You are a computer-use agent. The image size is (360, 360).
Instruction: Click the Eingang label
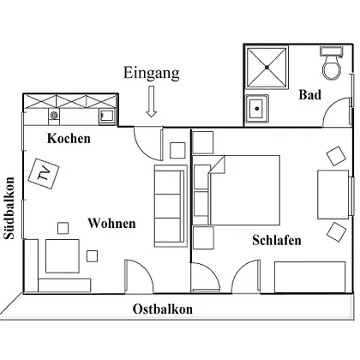[x=152, y=74]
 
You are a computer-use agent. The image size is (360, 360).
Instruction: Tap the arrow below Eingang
[x=152, y=101]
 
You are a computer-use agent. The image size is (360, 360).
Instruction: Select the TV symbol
[x=44, y=173]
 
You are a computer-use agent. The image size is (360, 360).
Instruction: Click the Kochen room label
[x=69, y=139]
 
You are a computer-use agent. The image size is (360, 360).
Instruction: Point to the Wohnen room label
[x=111, y=223]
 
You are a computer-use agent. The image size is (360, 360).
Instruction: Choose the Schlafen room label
[x=277, y=240]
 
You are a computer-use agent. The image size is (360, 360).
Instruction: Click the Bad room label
[x=310, y=94]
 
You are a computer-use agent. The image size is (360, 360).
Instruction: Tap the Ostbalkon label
[x=163, y=309]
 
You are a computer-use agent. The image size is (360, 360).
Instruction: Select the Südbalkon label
[x=9, y=208]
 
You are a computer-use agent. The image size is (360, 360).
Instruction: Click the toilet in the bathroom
[x=332, y=63]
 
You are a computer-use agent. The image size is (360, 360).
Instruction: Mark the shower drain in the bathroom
[x=267, y=68]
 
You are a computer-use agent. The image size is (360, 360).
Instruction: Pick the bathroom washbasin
[x=257, y=109]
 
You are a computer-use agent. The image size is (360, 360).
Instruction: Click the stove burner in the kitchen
[x=54, y=115]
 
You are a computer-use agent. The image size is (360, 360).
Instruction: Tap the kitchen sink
[x=106, y=116]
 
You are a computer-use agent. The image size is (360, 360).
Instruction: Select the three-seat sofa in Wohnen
[x=171, y=206]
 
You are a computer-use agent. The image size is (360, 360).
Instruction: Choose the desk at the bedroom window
[x=333, y=195]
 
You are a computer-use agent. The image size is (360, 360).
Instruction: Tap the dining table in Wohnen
[x=63, y=256]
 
